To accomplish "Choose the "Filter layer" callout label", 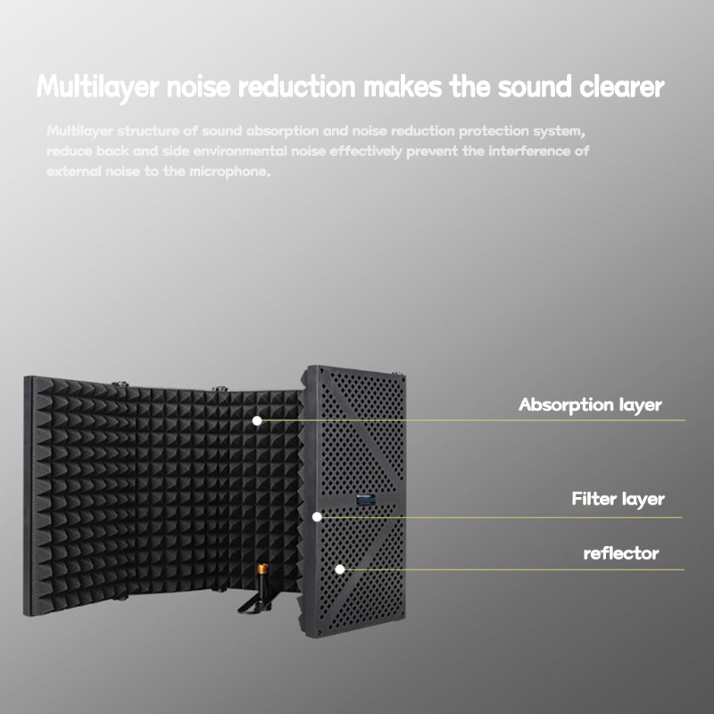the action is [618, 498].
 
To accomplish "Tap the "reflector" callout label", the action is [621, 553].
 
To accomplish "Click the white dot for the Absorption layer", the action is [257, 419].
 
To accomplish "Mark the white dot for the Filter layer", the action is [316, 516].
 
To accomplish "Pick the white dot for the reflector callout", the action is [339, 569].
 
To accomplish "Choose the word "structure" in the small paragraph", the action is [147, 131].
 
